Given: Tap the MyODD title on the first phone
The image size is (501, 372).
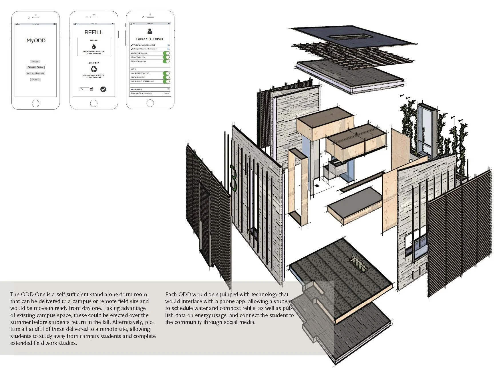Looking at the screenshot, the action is click(x=36, y=41).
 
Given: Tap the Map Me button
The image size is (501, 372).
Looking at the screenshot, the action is click(x=35, y=61).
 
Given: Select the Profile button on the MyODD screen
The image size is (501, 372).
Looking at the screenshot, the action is click(x=35, y=79).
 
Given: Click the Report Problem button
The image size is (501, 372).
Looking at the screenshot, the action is click(x=36, y=73).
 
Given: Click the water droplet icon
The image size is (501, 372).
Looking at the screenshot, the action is click(x=94, y=47).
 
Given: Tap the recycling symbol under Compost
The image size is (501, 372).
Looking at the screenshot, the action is click(x=94, y=69).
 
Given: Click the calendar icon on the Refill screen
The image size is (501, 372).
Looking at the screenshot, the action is click(x=92, y=89).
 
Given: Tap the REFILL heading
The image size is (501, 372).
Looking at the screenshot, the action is click(x=94, y=32).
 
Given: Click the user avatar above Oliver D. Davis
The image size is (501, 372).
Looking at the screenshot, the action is click(x=150, y=31).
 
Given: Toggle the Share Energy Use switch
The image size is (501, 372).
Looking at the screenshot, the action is click(x=166, y=61).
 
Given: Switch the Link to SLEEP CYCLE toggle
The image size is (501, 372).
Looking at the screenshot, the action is click(x=166, y=73).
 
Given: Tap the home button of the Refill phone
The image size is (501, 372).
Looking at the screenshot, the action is click(x=94, y=103).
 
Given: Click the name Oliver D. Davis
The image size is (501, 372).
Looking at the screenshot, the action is click(x=150, y=39).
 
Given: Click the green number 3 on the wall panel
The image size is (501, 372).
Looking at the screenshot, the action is click(x=234, y=177).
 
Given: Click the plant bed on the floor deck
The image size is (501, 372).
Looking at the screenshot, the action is click(x=359, y=262).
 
